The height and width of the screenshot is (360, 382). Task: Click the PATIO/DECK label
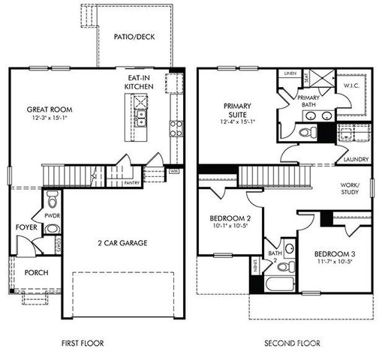(134, 36)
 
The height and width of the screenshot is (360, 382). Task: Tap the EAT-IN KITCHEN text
(139, 82)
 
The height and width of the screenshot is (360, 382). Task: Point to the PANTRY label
(131, 182)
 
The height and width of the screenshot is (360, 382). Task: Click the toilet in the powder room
(52, 199)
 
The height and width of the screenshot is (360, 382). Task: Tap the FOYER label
(24, 226)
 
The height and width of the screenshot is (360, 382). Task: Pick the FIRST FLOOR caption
(83, 343)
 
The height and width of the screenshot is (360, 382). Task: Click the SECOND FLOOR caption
(292, 343)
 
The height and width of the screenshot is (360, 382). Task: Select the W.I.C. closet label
(352, 85)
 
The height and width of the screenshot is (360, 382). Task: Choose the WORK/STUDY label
(349, 188)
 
